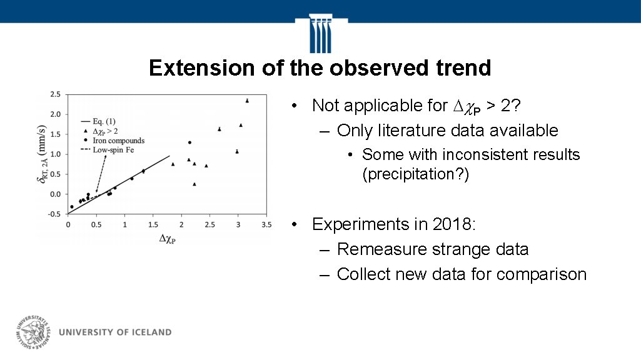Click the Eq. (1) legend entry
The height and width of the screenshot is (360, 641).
[x=104, y=121]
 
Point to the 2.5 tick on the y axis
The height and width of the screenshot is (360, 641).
[x=55, y=94]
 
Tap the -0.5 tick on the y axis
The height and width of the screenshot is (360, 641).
[x=54, y=214]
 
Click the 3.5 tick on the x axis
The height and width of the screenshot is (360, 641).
[x=266, y=224]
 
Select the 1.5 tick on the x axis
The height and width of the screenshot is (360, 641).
[x=153, y=224]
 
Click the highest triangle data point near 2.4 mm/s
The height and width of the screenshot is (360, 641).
[x=247, y=101]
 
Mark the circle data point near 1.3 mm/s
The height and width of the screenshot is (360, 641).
[x=189, y=142]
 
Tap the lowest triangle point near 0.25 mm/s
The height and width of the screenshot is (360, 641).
[x=194, y=184]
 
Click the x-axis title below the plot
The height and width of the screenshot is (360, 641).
[x=167, y=238]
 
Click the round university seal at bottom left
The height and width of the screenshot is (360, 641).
[x=34, y=332]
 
